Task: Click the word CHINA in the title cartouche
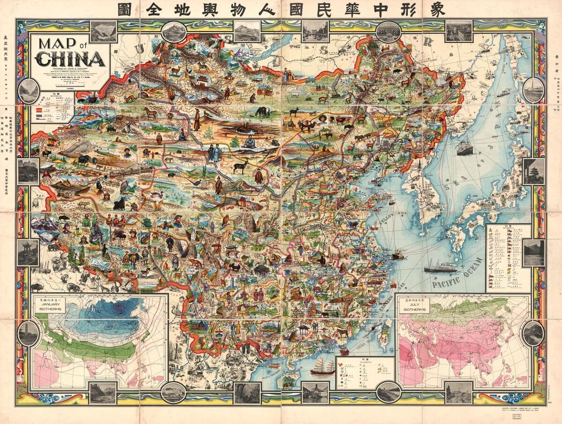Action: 70,60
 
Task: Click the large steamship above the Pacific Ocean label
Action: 440,268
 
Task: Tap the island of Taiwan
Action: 385,330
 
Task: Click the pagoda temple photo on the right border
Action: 533,171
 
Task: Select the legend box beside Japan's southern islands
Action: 508,258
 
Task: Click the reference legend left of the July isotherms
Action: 365,373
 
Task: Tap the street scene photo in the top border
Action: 315,31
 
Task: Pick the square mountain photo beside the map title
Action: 104,31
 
